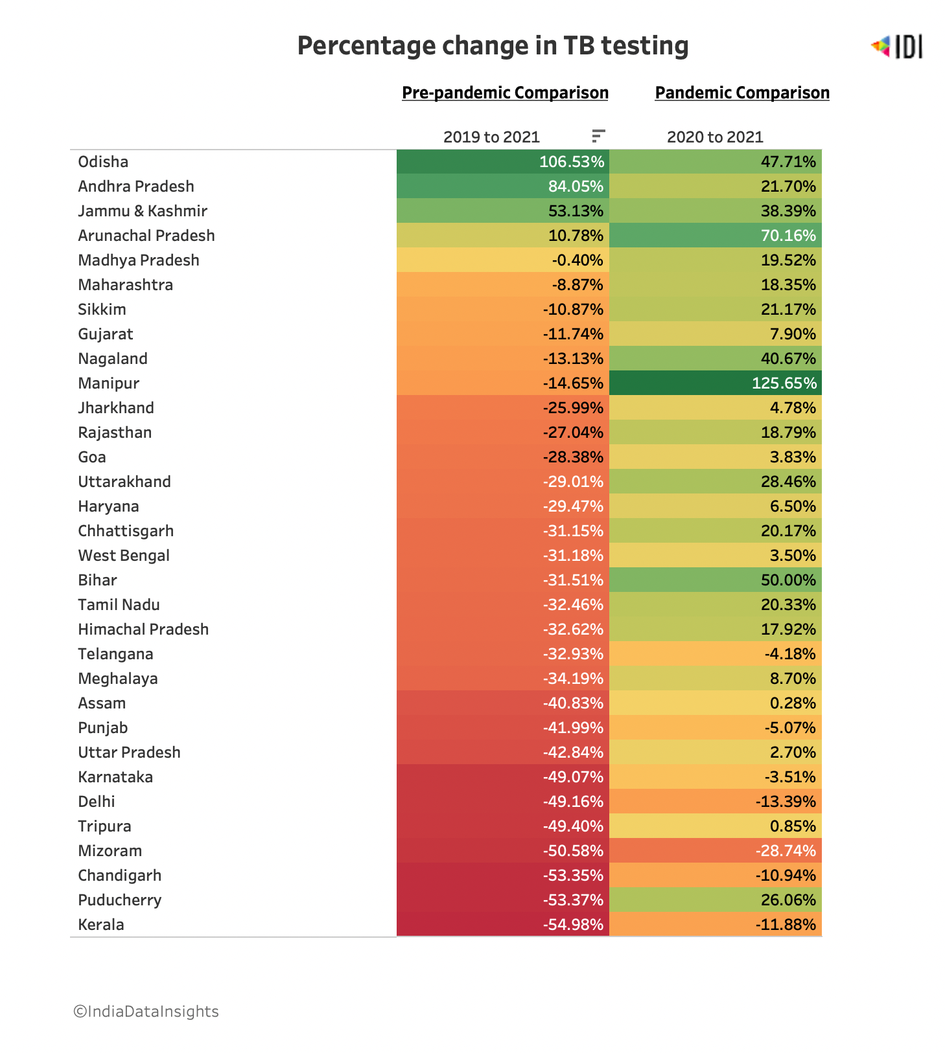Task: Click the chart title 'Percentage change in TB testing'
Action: (493, 46)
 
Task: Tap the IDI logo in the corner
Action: (897, 47)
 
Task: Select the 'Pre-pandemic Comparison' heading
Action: (505, 93)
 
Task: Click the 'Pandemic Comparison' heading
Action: (742, 93)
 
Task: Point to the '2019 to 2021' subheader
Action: (491, 137)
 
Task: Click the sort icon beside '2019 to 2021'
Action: (598, 136)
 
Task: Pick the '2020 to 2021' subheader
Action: (715, 137)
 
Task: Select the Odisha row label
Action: (103, 162)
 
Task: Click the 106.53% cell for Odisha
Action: (503, 162)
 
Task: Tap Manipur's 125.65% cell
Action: (716, 383)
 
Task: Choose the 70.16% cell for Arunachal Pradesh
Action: (716, 235)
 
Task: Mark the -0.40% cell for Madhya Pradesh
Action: (503, 260)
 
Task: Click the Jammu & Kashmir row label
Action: (143, 211)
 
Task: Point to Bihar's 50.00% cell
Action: (716, 580)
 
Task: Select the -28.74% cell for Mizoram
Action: (716, 850)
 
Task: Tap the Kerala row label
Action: (101, 925)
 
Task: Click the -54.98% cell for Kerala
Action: (503, 924)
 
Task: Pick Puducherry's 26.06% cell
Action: (716, 900)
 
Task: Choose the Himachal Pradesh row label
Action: (143, 629)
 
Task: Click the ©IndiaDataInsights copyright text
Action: (146, 1012)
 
